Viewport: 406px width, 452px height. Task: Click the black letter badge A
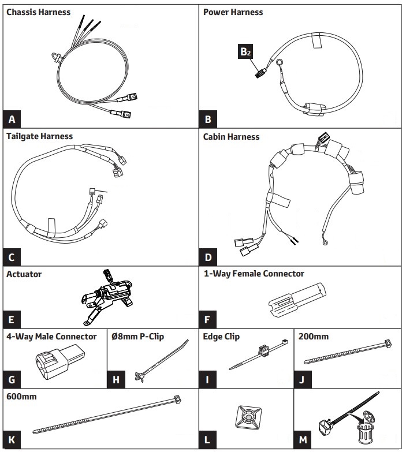tap(12, 120)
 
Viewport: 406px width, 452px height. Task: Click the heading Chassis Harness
tap(39, 12)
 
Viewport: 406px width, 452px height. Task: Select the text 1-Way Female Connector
tap(254, 273)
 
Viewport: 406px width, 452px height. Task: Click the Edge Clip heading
tap(221, 336)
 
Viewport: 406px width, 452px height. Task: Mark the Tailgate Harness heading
tap(40, 137)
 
